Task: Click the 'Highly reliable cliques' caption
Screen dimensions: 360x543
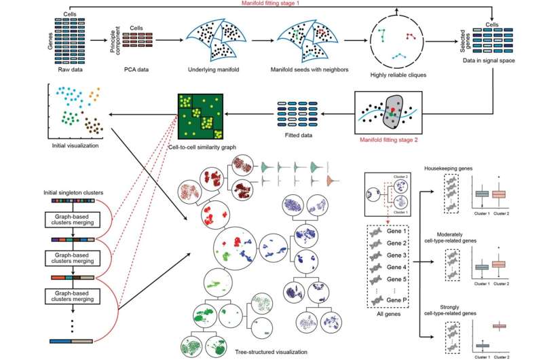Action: tap(396, 74)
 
